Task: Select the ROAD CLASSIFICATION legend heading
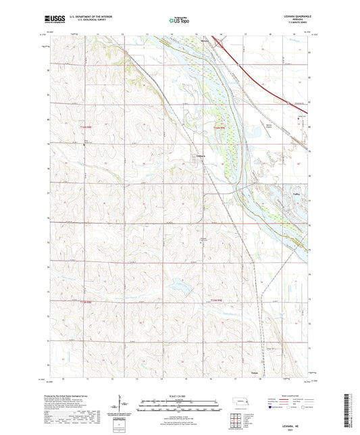[292, 395]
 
